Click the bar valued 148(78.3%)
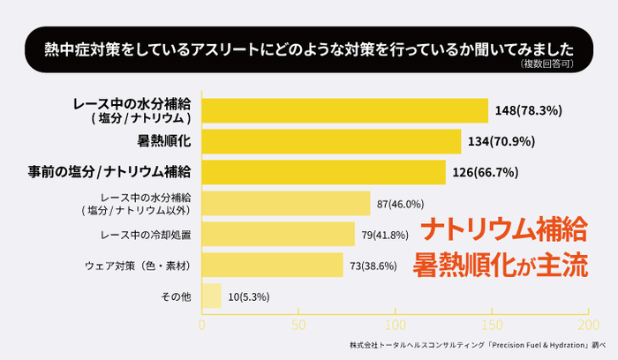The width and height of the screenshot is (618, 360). [345, 110]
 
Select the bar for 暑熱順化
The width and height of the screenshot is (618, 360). [332, 141]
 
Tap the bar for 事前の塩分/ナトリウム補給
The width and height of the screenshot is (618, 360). [324, 172]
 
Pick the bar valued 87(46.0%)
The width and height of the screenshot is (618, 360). [286, 204]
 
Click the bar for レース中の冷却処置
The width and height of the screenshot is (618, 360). [278, 235]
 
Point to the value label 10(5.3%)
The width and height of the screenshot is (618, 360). [249, 296]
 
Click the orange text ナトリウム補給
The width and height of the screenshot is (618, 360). [503, 231]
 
